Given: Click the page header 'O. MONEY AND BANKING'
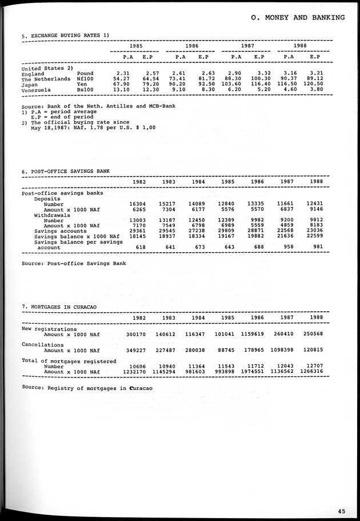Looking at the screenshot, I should (x=298, y=18).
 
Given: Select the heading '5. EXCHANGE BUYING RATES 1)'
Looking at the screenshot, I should (x=65, y=36).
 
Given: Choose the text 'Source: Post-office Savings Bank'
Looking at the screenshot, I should (x=73, y=264).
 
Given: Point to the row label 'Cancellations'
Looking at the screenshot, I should (x=43, y=345).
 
